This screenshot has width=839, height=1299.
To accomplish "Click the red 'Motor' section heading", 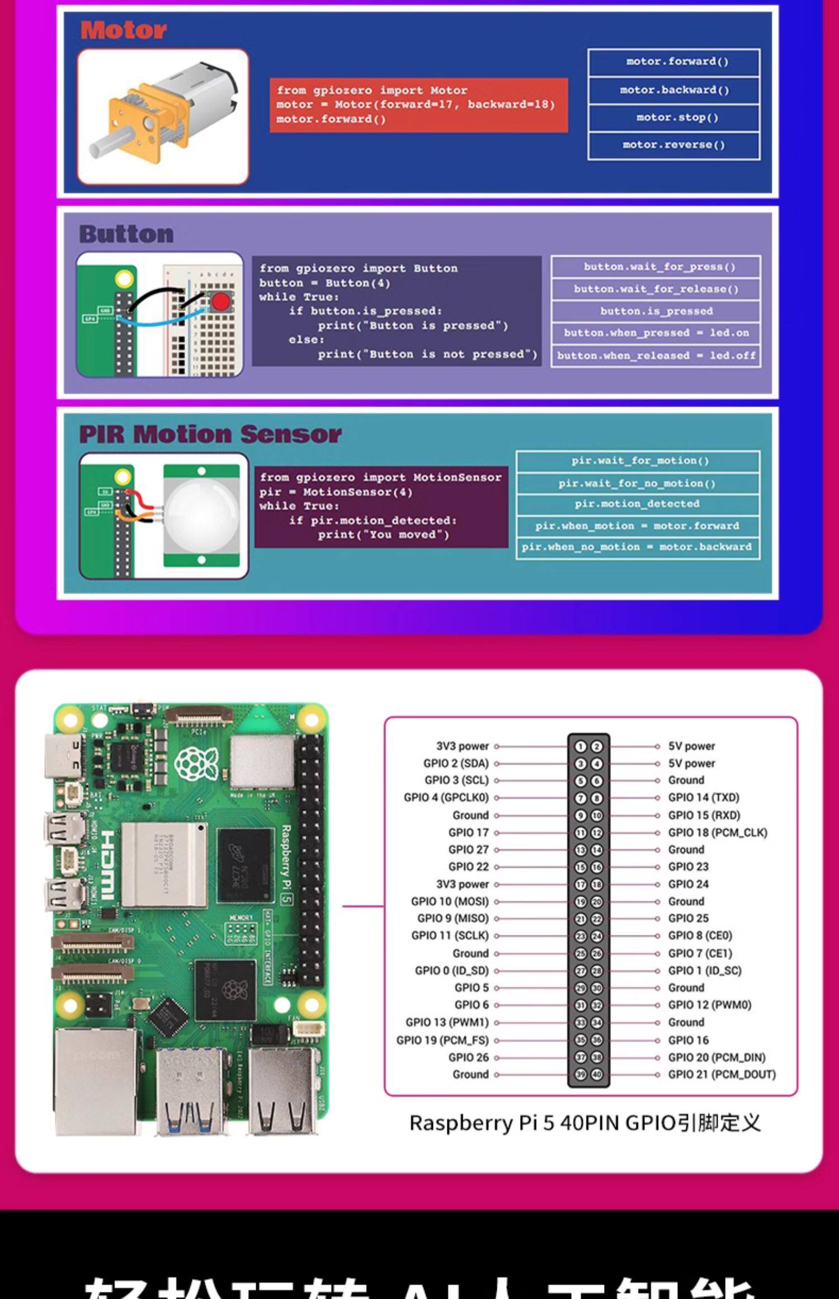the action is [x=123, y=30].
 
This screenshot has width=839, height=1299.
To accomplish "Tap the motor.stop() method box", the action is [x=673, y=117].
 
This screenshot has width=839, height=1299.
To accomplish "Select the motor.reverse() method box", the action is [x=673, y=145].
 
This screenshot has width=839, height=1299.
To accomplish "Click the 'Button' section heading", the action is [x=126, y=234].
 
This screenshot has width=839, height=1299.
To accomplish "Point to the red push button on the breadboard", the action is [x=220, y=302].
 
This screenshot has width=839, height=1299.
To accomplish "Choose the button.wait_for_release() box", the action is [x=656, y=289].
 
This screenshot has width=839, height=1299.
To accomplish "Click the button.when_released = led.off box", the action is [x=656, y=356].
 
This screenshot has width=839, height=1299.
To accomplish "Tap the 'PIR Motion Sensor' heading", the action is [x=210, y=434].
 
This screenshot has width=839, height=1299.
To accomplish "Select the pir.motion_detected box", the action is [x=637, y=504].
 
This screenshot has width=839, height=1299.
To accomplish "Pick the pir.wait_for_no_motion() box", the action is [x=637, y=483].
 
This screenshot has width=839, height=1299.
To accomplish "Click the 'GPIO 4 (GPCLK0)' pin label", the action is [x=446, y=797].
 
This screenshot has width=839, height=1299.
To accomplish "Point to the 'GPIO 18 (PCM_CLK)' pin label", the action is [x=718, y=832].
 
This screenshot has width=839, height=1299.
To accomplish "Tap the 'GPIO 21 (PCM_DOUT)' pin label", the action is [x=722, y=1074].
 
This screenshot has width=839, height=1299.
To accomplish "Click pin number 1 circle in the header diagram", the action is [x=581, y=746].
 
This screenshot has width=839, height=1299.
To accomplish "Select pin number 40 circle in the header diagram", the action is [x=597, y=1074].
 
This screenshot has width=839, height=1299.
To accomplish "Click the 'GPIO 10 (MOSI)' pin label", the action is [x=450, y=901].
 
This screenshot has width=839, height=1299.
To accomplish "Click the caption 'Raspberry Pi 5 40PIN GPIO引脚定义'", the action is [x=585, y=1123].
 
